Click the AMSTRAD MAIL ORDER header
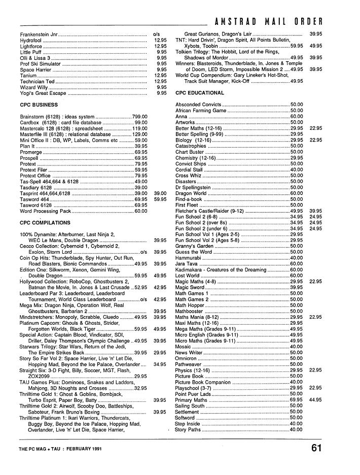click(269, 21)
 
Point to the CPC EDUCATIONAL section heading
click(199, 93)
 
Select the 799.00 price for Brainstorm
click(139, 117)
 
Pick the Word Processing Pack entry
click(45, 211)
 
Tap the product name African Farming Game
click(201, 110)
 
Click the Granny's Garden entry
click(194, 246)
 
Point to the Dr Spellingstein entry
click(195, 187)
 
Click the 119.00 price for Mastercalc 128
click(139, 128)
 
